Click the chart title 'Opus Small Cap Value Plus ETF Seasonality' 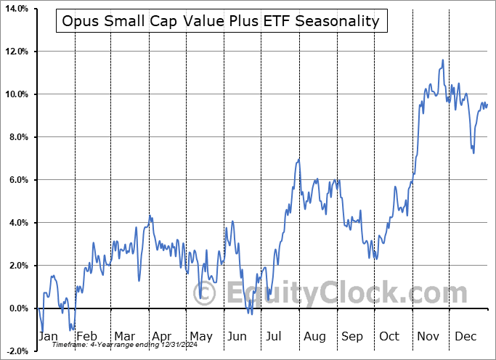click(x=221, y=21)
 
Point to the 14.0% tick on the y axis click(x=16, y=9)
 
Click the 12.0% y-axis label click(x=16, y=52)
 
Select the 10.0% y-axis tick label click(x=16, y=94)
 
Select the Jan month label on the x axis click(x=49, y=336)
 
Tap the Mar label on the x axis click(x=123, y=336)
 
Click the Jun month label click(x=237, y=336)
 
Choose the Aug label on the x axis click(x=314, y=336)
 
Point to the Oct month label click(x=390, y=336)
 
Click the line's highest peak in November click(x=442, y=60)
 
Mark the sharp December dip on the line click(x=473, y=152)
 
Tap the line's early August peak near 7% click(x=298, y=159)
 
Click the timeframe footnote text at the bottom click(x=109, y=345)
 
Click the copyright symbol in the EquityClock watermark click(x=206, y=294)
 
